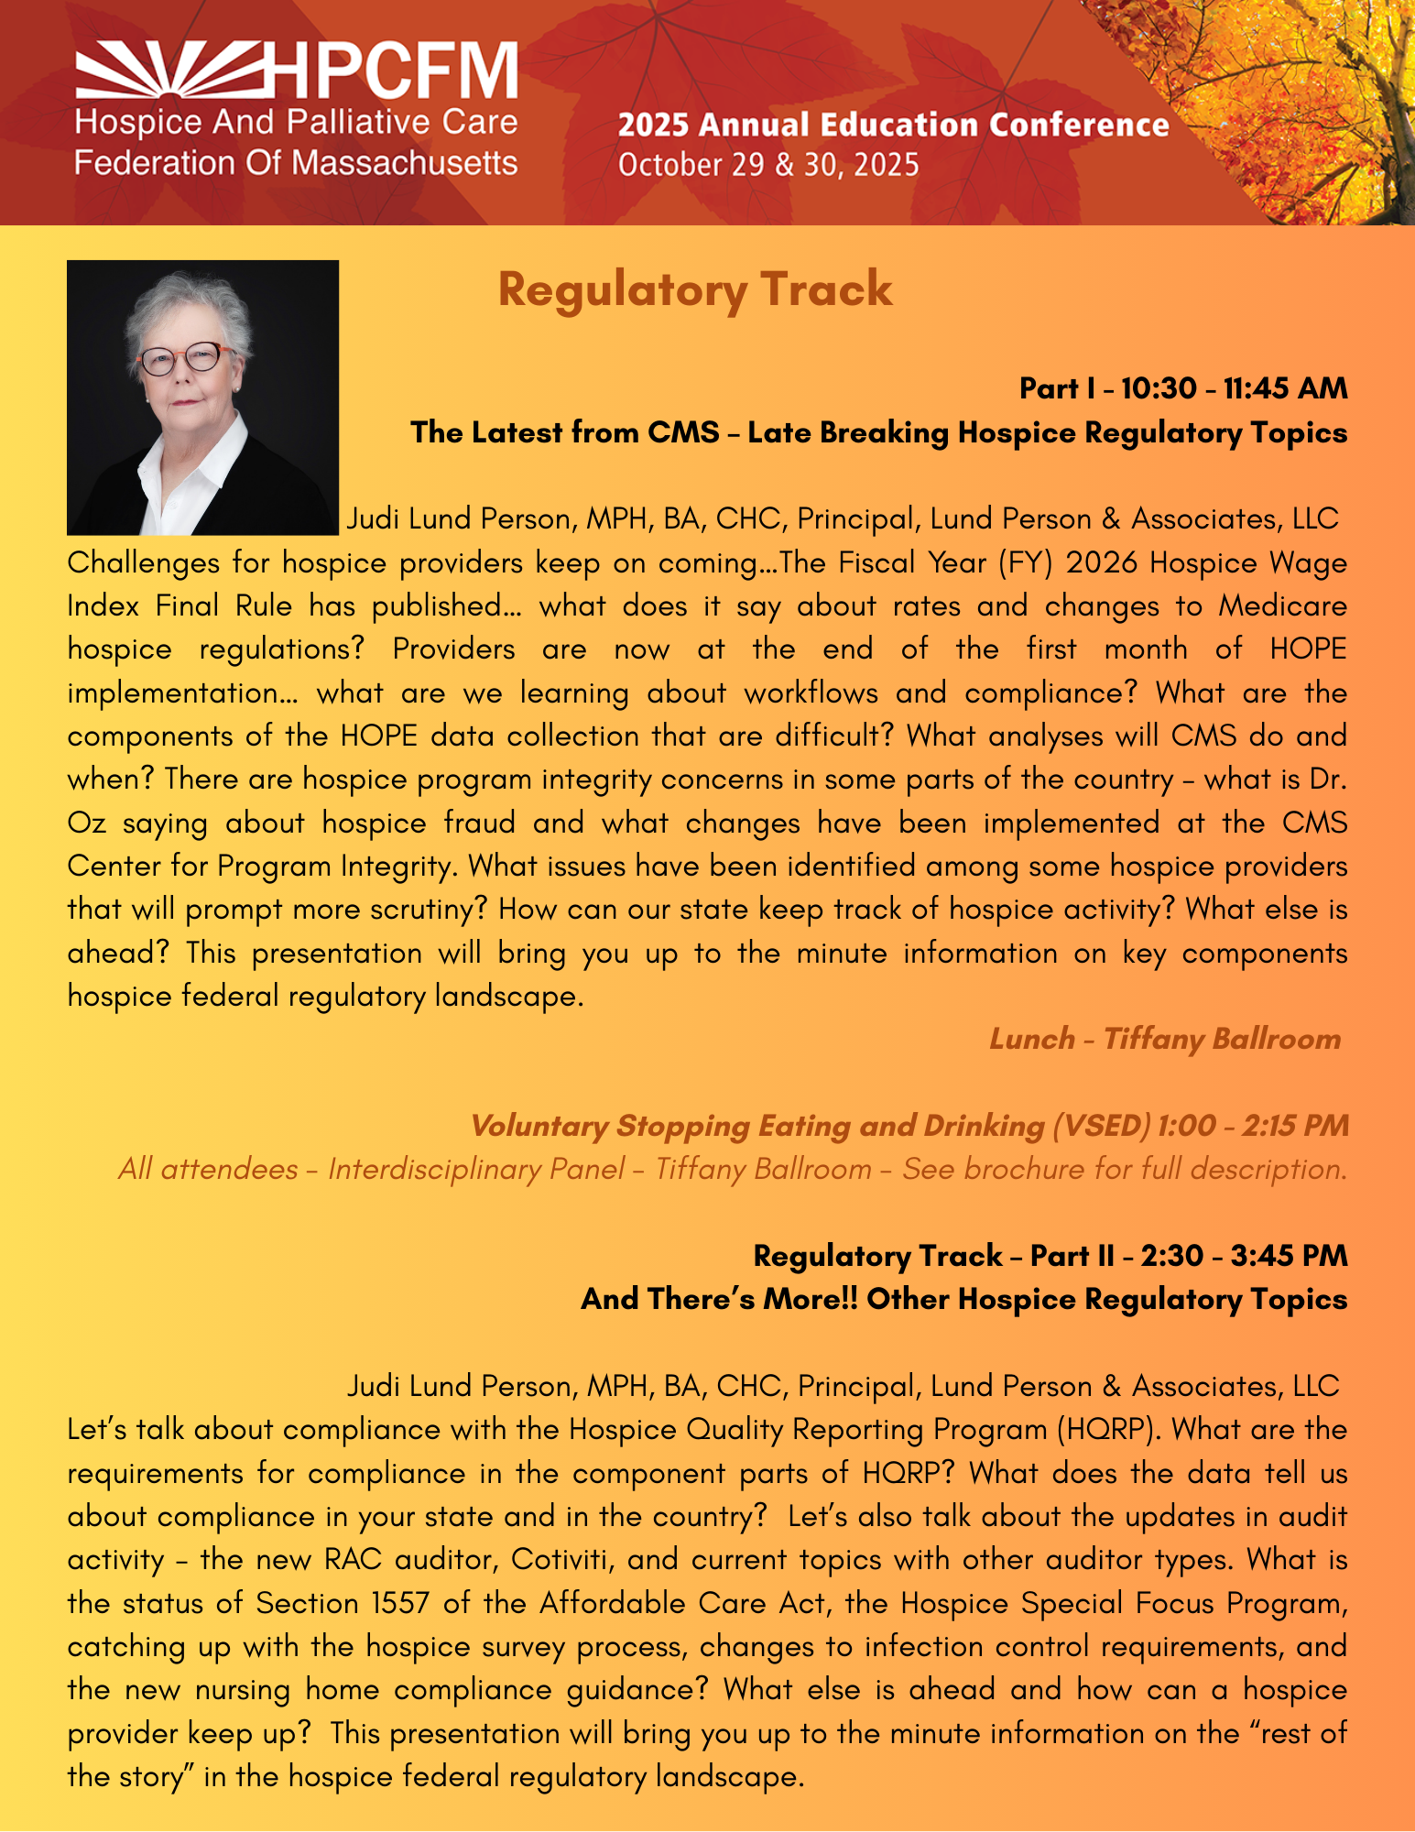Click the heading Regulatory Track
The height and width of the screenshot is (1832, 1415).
click(x=694, y=289)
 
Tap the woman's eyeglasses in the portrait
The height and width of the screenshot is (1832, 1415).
click(x=183, y=357)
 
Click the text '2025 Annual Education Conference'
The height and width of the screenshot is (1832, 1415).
click(x=893, y=125)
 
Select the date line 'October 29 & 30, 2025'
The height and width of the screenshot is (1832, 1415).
click(x=767, y=165)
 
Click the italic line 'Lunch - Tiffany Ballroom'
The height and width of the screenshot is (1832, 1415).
click(x=1164, y=1039)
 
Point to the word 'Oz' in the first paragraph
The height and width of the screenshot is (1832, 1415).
click(x=86, y=823)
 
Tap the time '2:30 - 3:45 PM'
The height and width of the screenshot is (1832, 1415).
click(x=1244, y=1256)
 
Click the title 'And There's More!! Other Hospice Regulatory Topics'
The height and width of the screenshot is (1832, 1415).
click(x=963, y=1299)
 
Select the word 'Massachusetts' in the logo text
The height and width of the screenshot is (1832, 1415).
click(x=406, y=163)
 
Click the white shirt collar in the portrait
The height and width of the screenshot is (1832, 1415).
click(x=197, y=458)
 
